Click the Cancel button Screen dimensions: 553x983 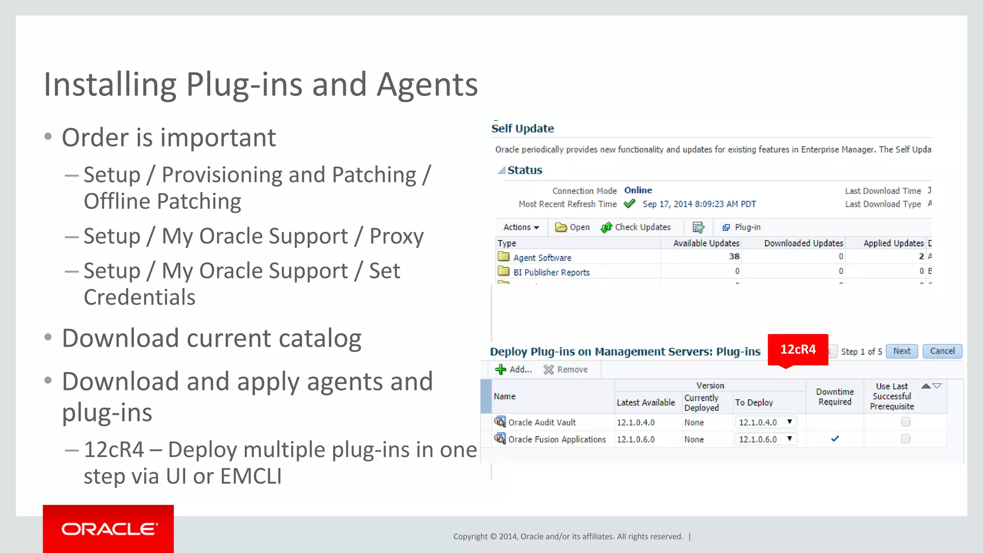(x=942, y=351)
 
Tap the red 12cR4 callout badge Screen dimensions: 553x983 (x=798, y=349)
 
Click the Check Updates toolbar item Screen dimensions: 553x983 (x=635, y=227)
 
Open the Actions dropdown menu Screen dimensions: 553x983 (x=521, y=227)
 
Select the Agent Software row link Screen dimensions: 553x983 (x=542, y=258)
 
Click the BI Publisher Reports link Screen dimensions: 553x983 (x=551, y=272)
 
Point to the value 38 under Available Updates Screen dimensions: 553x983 (x=734, y=256)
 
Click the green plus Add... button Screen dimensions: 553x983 (x=514, y=369)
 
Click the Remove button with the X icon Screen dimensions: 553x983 (x=565, y=369)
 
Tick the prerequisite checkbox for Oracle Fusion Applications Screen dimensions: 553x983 (x=905, y=439)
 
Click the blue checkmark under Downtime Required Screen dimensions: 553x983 (x=835, y=439)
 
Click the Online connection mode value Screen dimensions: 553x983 (x=638, y=190)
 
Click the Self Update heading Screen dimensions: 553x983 (x=522, y=129)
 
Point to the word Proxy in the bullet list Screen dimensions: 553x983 (x=396, y=236)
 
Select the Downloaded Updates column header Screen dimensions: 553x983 (x=803, y=243)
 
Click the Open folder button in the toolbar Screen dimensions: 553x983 (x=572, y=227)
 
